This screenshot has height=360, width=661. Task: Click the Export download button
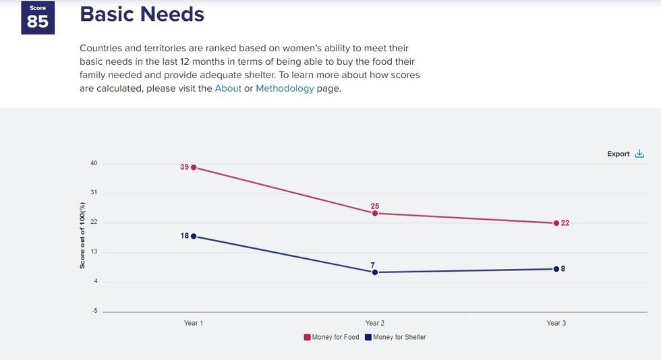coord(626,154)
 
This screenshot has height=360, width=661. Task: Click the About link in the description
coord(228,88)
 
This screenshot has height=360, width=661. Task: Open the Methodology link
coord(285,88)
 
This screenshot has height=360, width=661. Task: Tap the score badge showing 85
coord(38,18)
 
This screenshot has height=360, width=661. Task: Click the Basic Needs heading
coord(142,13)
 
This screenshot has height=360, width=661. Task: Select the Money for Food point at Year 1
coord(194,167)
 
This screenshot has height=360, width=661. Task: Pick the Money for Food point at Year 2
coord(375,213)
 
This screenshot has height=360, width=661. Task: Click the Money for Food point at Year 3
coord(556,223)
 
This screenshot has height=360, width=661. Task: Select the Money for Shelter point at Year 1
coord(194,236)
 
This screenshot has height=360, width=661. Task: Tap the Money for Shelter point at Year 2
coord(375,272)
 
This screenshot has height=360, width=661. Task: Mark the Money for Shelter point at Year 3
coord(556,269)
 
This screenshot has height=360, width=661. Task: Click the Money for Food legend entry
coord(331,337)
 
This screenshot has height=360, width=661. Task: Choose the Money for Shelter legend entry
coord(395,337)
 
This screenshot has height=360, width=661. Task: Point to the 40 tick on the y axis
coord(94,163)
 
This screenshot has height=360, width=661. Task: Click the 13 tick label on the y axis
coord(94,251)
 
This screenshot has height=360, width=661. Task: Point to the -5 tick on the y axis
coord(94,311)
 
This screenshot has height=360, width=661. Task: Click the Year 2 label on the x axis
coord(375,324)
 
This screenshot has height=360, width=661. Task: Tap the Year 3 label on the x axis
coord(556,324)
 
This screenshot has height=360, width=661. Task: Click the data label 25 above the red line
coord(375,206)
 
